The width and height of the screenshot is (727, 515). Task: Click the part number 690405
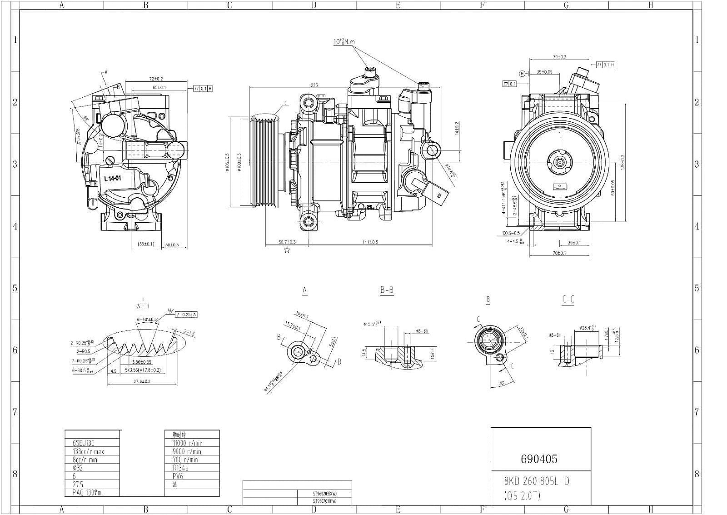pos(539,459)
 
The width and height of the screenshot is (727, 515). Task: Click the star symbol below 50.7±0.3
pos(287,250)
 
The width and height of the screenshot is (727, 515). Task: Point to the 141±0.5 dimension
pos(370,242)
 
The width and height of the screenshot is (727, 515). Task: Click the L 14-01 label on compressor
pos(112,179)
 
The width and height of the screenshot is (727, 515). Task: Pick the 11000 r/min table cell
pos(187,443)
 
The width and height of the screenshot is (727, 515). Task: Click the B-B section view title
pos(387,290)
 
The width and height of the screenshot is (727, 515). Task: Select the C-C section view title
pos(568,300)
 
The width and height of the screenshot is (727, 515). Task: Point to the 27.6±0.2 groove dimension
pos(141,381)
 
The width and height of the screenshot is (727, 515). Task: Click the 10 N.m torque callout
pos(344,42)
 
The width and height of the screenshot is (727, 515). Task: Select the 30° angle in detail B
pos(502,384)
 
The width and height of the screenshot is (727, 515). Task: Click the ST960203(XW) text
pos(324,493)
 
